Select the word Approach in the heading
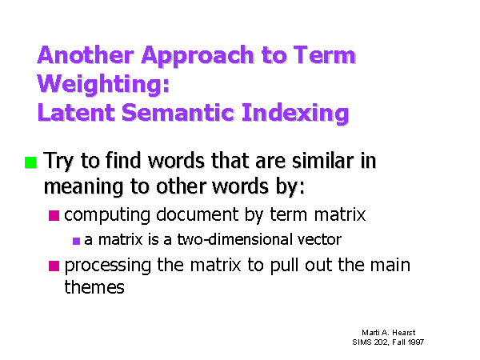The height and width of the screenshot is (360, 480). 198,58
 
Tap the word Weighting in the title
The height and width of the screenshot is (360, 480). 103,86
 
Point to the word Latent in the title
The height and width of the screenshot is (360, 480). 76,112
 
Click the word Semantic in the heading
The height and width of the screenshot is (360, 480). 178,112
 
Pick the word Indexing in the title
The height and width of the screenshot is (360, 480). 295,114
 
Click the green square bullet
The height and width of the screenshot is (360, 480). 30,162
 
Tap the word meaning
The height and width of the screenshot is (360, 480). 83,187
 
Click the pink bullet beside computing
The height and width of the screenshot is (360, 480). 54,215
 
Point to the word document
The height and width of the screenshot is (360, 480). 197,214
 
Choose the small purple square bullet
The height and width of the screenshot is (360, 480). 76,241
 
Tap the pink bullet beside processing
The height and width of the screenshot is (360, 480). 54,266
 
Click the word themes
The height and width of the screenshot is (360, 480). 94,287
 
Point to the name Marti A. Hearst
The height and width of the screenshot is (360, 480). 389,333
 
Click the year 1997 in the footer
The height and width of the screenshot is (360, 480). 416,342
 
